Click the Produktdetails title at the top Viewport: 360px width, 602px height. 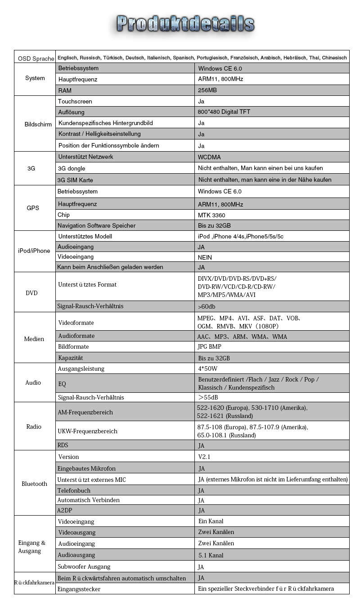point(185,23)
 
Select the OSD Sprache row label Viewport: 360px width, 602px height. point(36,59)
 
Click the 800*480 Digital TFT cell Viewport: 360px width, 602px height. point(224,112)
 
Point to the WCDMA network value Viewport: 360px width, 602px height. point(209,157)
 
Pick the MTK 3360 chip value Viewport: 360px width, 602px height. point(211,215)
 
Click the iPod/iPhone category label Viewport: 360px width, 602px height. point(34,251)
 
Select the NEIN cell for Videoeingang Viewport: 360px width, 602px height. point(205,257)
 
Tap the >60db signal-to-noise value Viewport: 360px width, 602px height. point(207,306)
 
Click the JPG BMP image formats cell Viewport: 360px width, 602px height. point(209,347)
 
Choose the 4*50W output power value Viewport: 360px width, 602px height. point(208,369)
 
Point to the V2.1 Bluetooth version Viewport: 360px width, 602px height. point(204,457)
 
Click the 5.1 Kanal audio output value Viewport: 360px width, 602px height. point(211,555)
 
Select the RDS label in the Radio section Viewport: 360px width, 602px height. point(63,445)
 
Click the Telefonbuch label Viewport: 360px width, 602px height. point(74,490)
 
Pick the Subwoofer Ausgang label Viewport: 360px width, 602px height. point(84,566)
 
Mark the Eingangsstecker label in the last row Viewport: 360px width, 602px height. point(79,589)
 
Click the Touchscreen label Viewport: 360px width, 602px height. point(75,101)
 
